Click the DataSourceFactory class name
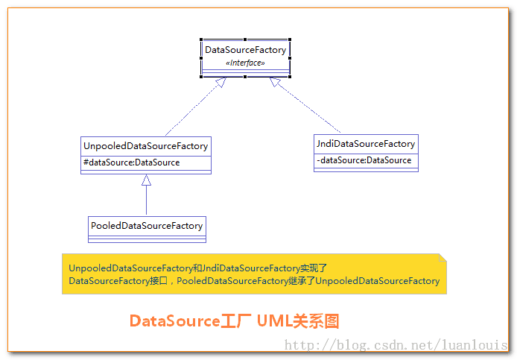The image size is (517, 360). coord(245,50)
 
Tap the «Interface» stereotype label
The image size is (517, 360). coord(245,63)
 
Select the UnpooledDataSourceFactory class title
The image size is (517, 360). coord(146,145)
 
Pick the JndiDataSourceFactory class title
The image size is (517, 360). coord(366,144)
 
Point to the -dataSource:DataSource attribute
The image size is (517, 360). coord(364,160)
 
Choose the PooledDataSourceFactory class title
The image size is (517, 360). coord(147,225)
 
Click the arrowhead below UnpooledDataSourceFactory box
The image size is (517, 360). coord(147,180)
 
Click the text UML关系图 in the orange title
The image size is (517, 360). coord(298,321)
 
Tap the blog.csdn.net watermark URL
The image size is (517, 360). coord(396,345)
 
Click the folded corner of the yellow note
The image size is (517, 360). coord(443,258)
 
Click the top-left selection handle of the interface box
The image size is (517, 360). coord(202,40)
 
